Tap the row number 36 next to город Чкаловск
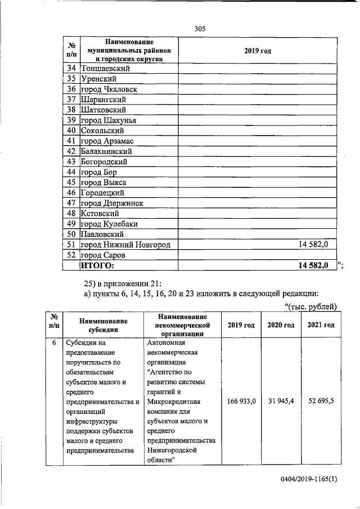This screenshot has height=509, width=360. pos(71,89)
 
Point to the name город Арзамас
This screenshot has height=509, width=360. pos(107,141)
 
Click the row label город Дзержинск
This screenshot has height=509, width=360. pos(112,203)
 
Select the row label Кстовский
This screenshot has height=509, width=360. pos(100,213)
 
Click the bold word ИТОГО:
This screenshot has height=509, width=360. pos(97,265)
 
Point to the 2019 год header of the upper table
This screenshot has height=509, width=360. pos(258,51)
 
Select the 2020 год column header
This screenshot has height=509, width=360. pos(280,325)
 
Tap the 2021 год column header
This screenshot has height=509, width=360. pos(321,325)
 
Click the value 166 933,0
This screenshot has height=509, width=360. pos(241,401)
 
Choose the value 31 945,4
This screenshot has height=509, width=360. pos(280,401)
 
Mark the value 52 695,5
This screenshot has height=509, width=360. pos(321,401)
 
